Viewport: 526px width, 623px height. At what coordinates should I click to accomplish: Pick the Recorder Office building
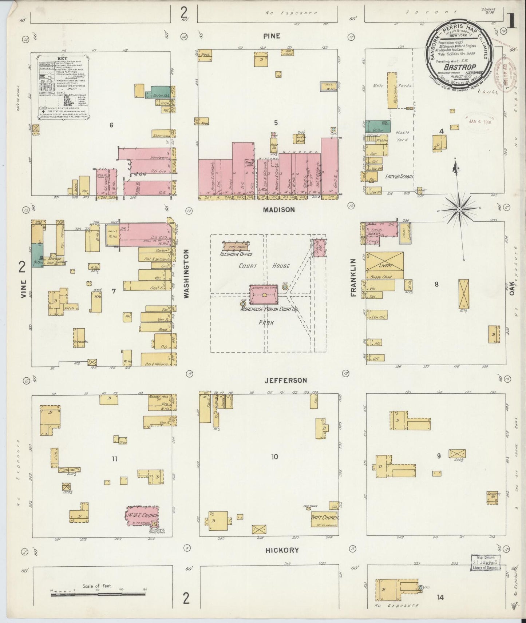click(236, 247)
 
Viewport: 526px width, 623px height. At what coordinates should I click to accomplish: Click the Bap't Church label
click(324, 518)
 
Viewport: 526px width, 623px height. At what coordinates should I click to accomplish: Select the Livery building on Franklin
click(385, 265)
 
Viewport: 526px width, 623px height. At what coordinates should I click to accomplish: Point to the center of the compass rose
click(459, 210)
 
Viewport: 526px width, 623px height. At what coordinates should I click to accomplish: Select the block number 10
click(274, 457)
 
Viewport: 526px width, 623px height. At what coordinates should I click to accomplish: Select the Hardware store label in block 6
click(160, 158)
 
